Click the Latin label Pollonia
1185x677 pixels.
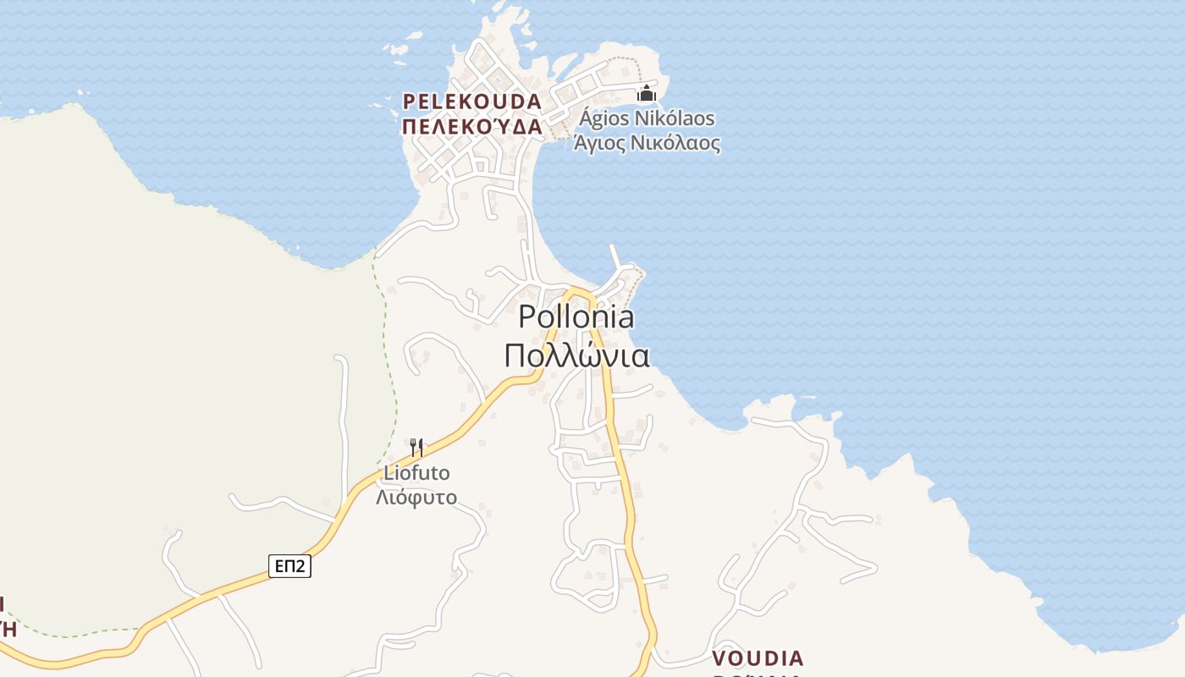tap(576, 317)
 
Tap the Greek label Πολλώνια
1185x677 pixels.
tap(576, 355)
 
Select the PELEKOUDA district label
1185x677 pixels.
tap(471, 102)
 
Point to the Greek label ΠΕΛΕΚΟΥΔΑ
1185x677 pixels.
tap(471, 127)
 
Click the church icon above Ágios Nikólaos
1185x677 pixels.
tap(647, 92)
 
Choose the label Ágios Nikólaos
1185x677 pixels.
tap(647, 118)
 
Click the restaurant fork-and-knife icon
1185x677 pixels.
tap(416, 448)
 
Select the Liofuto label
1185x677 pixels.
tap(416, 473)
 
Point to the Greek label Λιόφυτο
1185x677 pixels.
tap(416, 497)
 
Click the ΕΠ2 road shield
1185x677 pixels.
tap(289, 566)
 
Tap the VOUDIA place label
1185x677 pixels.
tap(758, 658)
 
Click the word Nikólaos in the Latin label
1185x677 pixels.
tap(676, 118)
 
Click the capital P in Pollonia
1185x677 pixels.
tap(527, 317)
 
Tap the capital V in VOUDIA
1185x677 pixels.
tap(720, 658)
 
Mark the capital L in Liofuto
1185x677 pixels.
tap(389, 473)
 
